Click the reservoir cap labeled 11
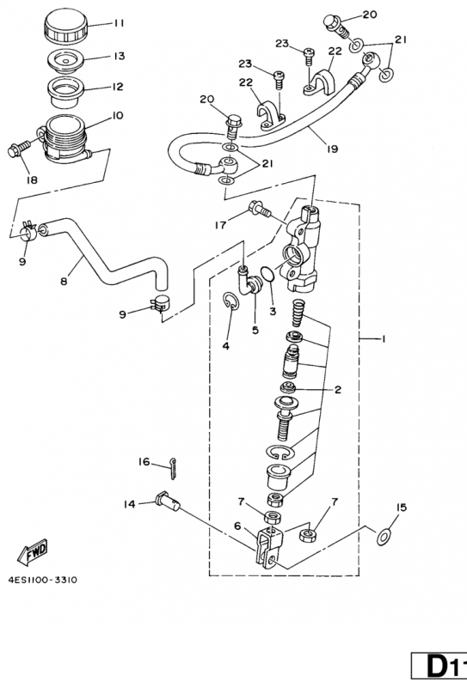[x=67, y=26]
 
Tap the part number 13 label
[x=119, y=56]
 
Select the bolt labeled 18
[x=18, y=148]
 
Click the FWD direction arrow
[x=33, y=551]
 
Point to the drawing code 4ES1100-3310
[x=43, y=580]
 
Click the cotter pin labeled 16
[x=173, y=468]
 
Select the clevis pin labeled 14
[x=167, y=502]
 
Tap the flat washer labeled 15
[x=384, y=537]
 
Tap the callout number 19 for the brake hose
[x=332, y=149]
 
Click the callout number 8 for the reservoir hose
[x=65, y=281]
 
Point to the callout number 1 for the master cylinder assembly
[x=383, y=338]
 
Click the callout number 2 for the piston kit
[x=337, y=390]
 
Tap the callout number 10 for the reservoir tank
[x=118, y=116]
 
